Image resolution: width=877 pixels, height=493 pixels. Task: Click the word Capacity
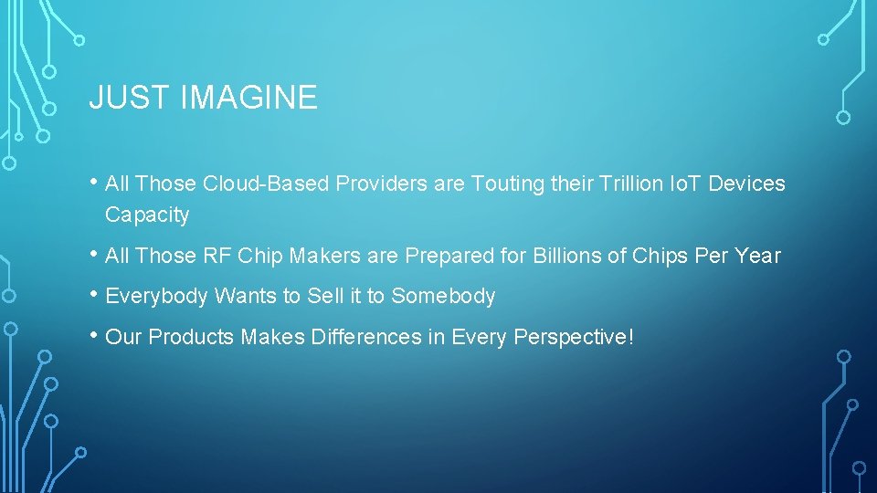(147, 215)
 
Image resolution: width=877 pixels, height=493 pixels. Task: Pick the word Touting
(506, 184)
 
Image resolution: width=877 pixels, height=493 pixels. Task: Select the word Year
(758, 256)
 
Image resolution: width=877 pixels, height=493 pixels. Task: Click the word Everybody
(158, 297)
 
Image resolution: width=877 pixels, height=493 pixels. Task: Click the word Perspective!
(573, 338)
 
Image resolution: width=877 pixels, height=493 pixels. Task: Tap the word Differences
(367, 337)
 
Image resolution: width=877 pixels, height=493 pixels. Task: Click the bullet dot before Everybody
(95, 294)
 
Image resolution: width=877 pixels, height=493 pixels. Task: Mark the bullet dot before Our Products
(95, 335)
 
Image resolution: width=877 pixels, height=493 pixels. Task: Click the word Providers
(382, 184)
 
